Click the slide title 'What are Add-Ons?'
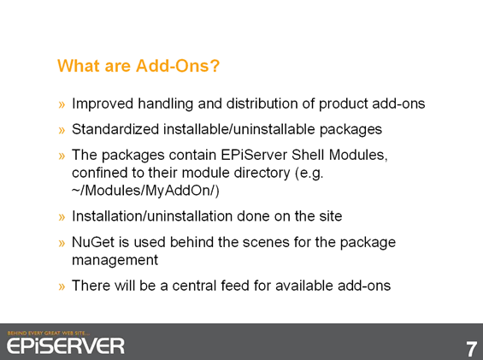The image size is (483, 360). [x=138, y=66]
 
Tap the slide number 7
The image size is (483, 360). [x=471, y=349]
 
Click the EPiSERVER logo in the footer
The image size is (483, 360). [x=66, y=345]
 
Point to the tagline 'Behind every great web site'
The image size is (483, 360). [x=49, y=333]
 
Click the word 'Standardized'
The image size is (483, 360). [x=115, y=129]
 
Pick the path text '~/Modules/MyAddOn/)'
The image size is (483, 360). [x=145, y=191]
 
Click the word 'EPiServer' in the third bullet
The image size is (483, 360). [x=254, y=155]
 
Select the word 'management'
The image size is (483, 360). [x=115, y=260]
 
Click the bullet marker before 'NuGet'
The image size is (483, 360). [x=62, y=243]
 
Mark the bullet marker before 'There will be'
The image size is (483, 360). [x=62, y=286]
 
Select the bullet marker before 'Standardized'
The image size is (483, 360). [x=62, y=130]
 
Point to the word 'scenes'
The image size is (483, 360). [x=266, y=242]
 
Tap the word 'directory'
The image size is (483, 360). [x=262, y=173]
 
